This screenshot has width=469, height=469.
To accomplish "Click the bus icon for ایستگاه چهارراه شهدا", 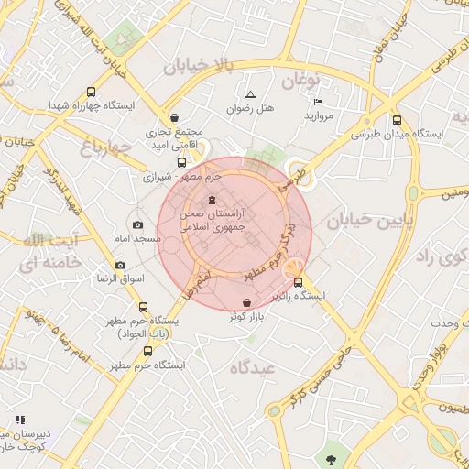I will [91, 92].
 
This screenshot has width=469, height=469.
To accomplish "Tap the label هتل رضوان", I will [251, 109].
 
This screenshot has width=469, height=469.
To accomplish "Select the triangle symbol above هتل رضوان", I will [250, 94].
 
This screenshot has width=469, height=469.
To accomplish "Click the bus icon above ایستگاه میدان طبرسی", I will [397, 119].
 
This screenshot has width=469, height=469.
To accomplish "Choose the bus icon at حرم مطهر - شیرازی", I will [180, 162].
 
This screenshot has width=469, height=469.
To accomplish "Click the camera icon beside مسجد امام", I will [138, 225].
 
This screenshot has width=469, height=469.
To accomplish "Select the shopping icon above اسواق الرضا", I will [119, 265].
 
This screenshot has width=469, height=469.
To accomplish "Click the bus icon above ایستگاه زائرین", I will [298, 282].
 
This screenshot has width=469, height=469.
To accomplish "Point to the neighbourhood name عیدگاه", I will [253, 368].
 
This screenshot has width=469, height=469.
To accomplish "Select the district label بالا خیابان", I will [200, 66].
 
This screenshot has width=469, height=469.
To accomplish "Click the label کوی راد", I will [436, 255].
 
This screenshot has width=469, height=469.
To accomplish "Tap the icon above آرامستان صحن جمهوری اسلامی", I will [213, 201].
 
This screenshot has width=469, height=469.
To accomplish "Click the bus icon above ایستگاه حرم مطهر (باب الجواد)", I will [143, 307].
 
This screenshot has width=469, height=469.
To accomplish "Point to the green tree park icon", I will [329, 459].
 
